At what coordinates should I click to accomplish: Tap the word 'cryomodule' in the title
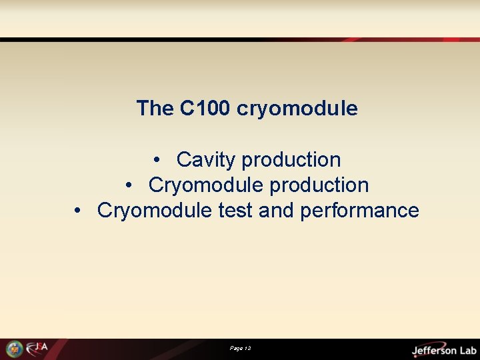pos(297,108)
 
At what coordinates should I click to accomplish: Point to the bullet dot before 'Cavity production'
pos(155,161)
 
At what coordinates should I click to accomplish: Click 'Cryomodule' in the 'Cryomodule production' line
pos(197,185)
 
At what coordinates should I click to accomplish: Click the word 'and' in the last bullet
pos(276,211)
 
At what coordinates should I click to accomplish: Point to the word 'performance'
pos(359,211)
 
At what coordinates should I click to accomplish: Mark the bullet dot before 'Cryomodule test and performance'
pos(78,211)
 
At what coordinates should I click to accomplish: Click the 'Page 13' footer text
pos(240,349)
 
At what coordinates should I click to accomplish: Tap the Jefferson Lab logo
pos(443,349)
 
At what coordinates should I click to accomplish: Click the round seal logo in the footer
pos(14,349)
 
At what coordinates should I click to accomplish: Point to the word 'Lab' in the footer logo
pos(465,350)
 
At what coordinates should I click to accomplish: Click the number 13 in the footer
pos(247,349)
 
